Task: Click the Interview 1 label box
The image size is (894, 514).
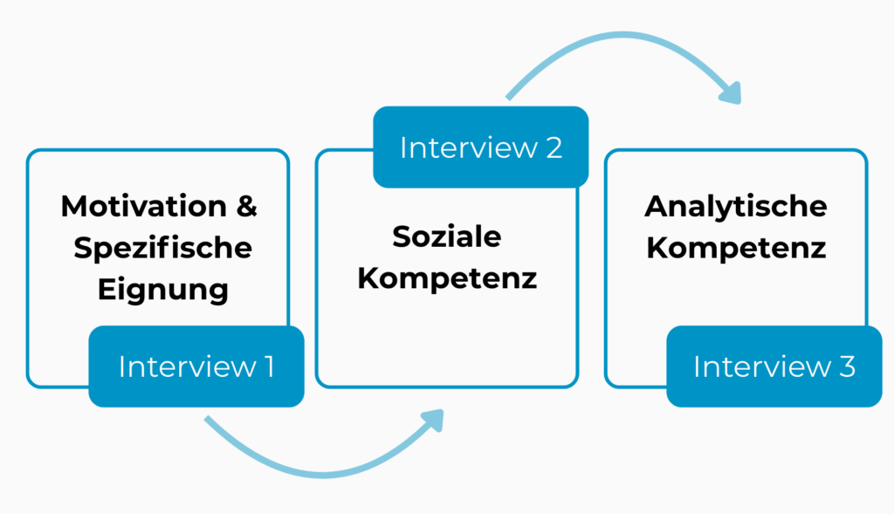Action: point(196,367)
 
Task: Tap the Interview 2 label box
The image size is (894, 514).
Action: point(480,147)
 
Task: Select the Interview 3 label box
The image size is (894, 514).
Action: point(774,367)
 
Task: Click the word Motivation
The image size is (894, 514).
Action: point(143,207)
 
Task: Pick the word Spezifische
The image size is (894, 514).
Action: point(162,248)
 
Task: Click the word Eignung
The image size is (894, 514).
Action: point(162,289)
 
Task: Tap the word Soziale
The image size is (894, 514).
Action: point(447,236)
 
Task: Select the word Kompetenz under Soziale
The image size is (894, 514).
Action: point(447,278)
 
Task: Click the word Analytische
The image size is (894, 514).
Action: point(736,207)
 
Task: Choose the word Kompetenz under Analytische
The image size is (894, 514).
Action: point(736,248)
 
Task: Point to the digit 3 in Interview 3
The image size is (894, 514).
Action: point(846,367)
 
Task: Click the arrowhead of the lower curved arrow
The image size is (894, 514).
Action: point(432,420)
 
